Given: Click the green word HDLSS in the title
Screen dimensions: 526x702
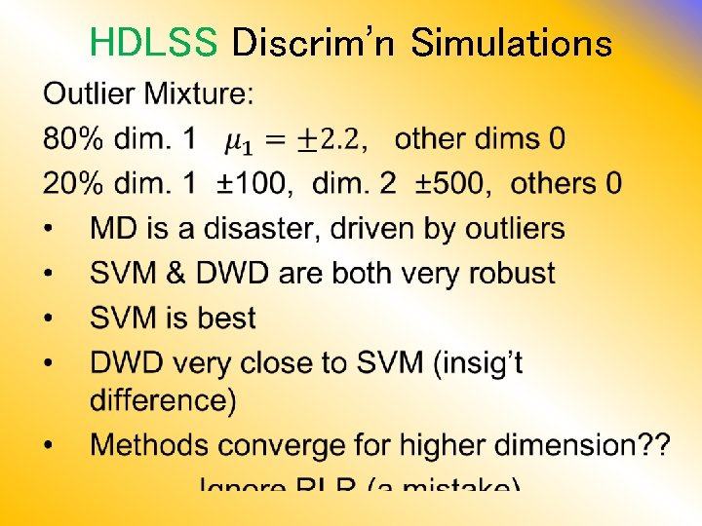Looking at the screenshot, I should coord(152,43).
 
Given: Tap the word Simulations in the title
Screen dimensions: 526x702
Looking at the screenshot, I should coord(512,43).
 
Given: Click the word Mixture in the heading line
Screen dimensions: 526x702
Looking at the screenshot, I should coord(200,94).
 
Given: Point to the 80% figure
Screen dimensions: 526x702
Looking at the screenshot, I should coord(73,139).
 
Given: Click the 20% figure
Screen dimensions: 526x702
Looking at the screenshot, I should coord(73,183).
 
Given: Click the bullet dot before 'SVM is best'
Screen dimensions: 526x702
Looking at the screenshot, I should coord(50,319).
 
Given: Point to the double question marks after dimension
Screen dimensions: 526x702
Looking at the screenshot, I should coord(651,445).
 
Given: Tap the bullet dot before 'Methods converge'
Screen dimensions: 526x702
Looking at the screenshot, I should coord(50,446).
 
